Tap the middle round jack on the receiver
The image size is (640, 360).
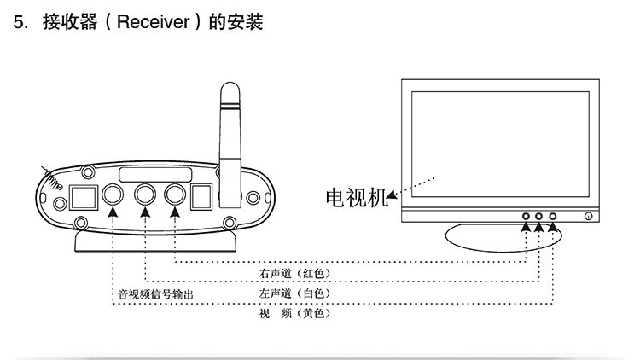145,195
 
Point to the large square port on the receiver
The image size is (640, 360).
82,197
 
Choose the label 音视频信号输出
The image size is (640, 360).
155,294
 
